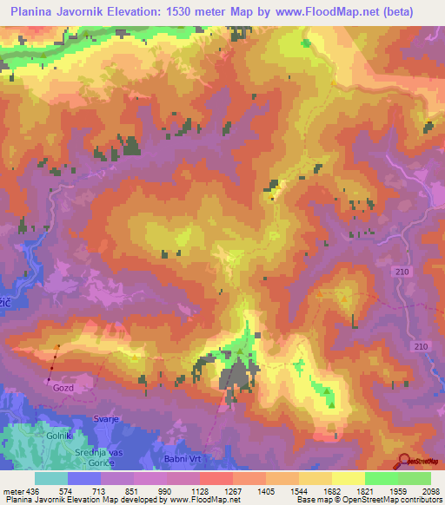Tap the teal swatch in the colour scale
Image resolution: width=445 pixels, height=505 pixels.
(51, 477)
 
